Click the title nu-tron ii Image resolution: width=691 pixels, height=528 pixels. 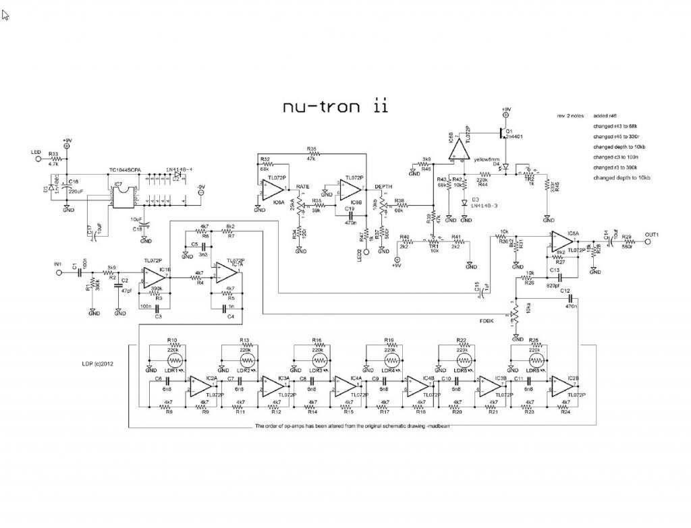335,107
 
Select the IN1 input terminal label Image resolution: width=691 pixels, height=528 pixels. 59,264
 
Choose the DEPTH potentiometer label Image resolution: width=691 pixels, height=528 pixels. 384,186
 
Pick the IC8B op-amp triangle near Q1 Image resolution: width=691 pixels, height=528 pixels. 458,150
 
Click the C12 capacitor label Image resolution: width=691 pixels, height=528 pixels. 565,291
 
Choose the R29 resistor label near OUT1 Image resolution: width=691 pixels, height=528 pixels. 627,237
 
